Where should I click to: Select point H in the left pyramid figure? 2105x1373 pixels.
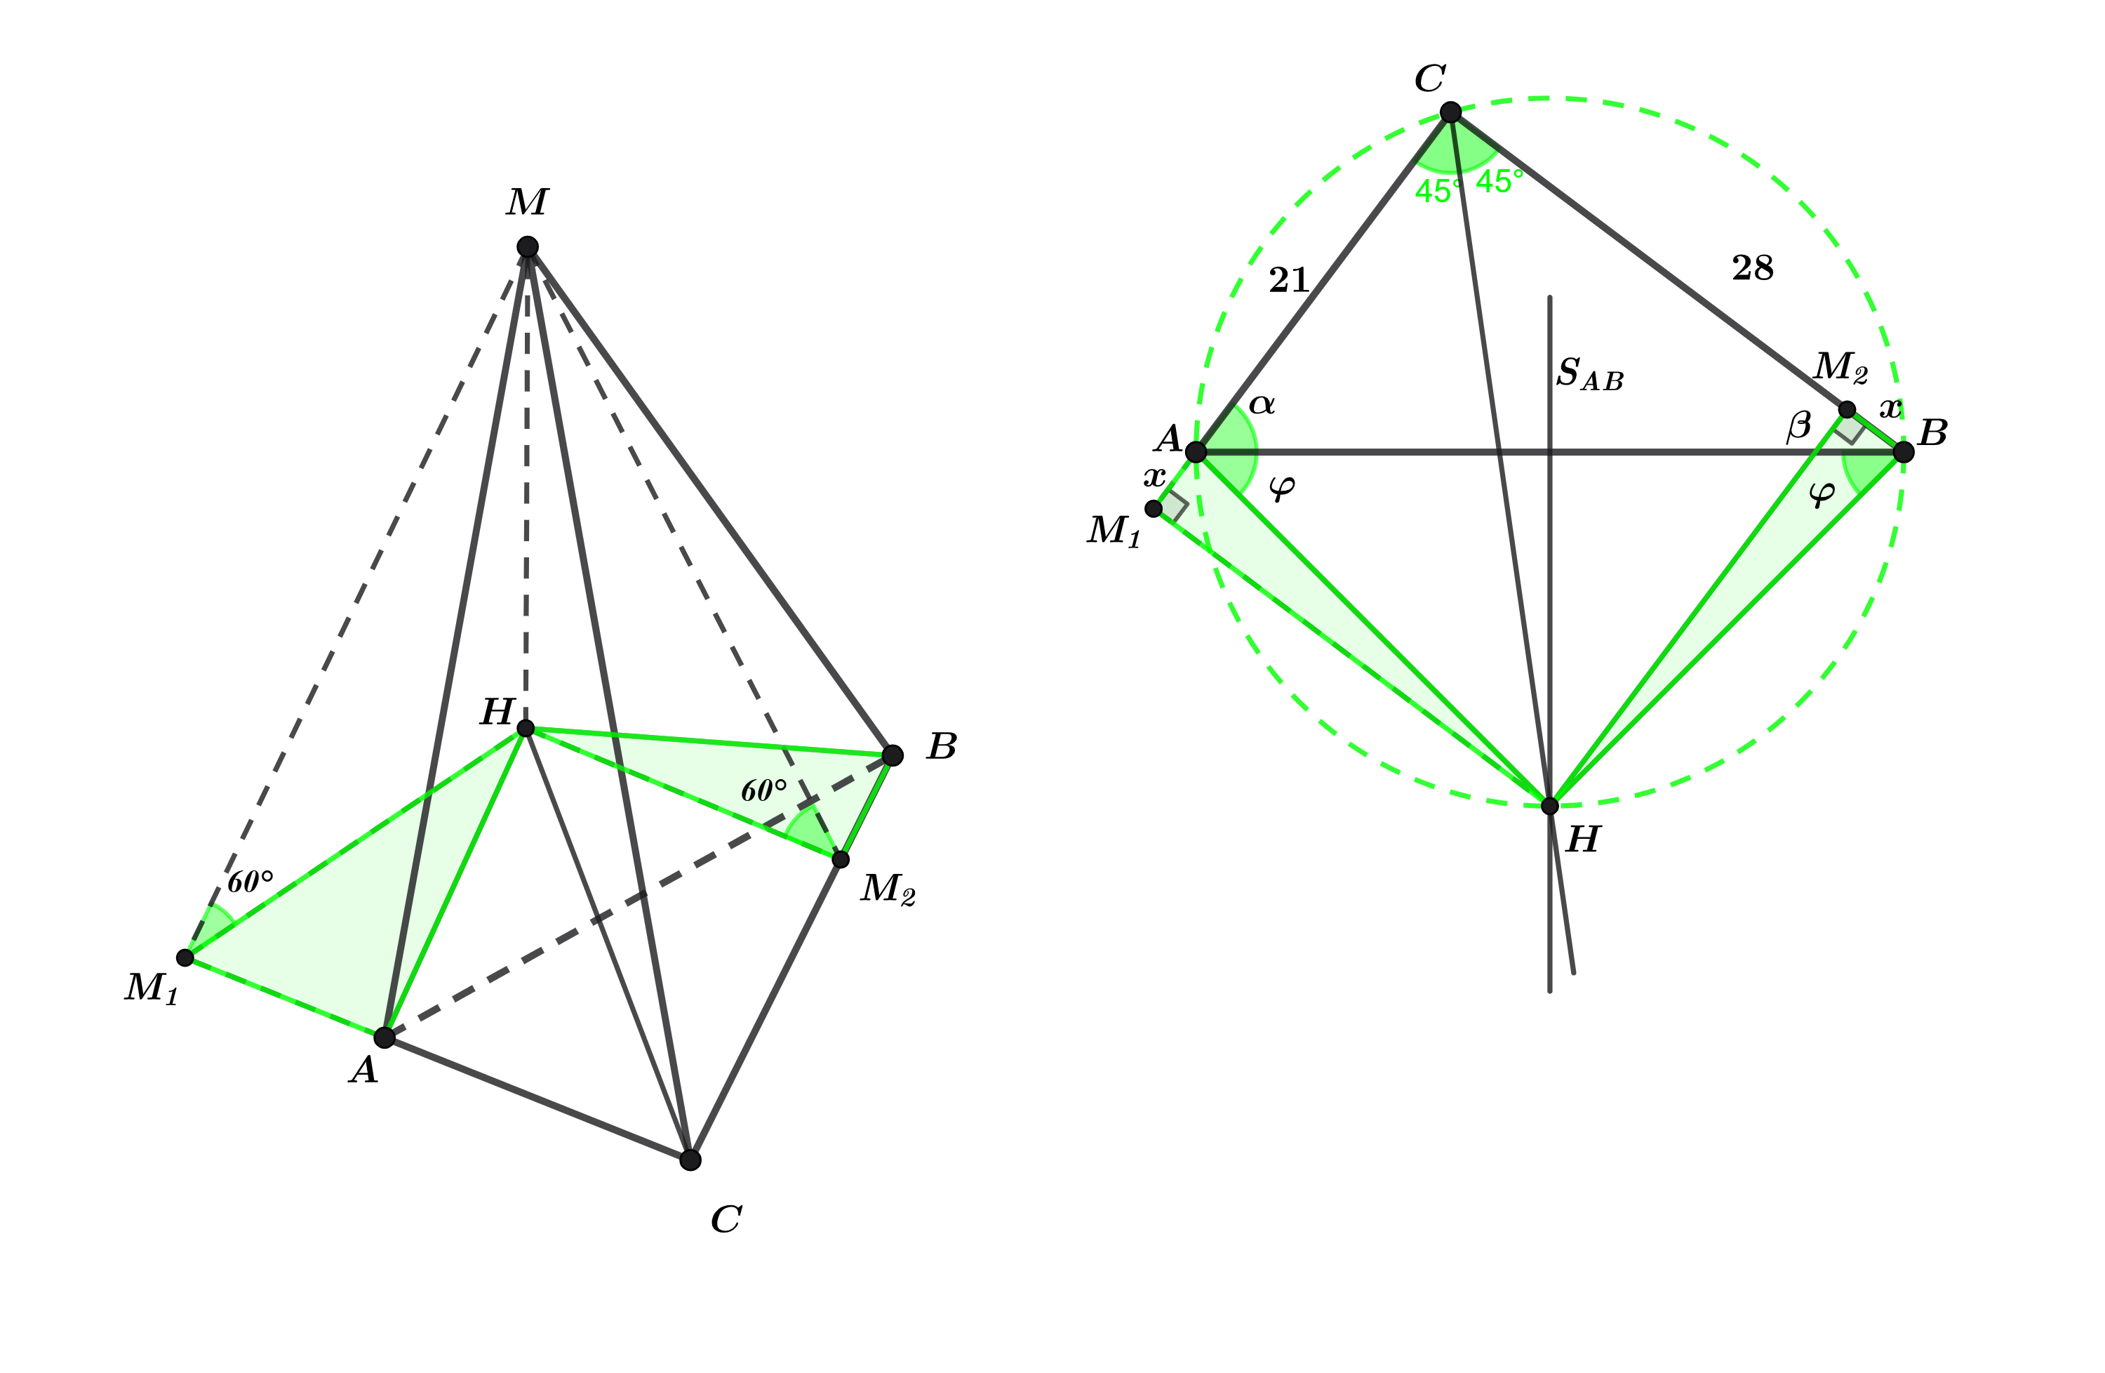coord(526,728)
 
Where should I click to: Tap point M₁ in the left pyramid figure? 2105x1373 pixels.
coord(185,957)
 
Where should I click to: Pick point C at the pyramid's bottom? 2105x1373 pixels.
coord(690,1160)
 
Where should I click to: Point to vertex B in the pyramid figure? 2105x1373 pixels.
coord(893,755)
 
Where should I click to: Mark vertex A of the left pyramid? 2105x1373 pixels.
coord(384,1037)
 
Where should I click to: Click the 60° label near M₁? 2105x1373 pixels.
coord(250,882)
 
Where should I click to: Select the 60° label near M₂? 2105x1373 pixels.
coord(763,790)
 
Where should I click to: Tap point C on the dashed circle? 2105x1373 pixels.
coord(1450,112)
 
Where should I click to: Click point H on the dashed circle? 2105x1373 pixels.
coord(1549,806)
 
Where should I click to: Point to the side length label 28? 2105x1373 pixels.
coord(1753,267)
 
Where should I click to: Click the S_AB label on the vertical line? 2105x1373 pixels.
coord(1590,374)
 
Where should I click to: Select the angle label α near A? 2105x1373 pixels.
coord(1262,405)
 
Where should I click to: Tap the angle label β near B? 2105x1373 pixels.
coord(1799,426)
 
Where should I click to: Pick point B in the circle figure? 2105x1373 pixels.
coord(1904,452)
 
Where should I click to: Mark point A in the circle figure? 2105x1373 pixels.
coord(1195,452)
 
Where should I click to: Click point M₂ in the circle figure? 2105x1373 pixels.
coord(1847,410)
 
